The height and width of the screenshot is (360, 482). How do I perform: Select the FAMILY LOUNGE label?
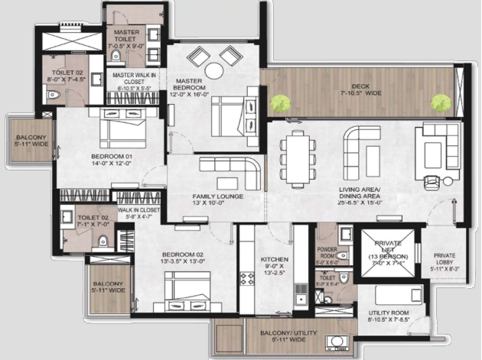pyautogui.click(x=217, y=196)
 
